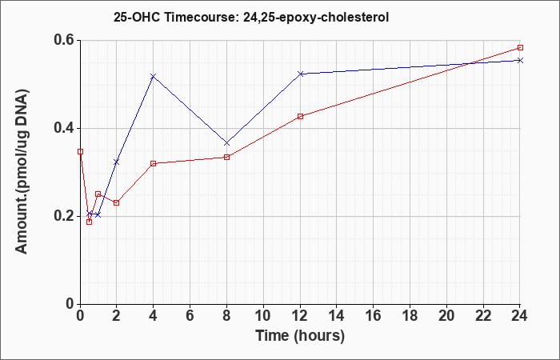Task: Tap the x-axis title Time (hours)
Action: click(300, 336)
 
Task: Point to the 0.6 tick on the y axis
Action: click(65, 40)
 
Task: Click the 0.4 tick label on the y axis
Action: click(65, 128)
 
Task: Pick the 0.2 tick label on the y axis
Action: click(65, 216)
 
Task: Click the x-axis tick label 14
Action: click(337, 316)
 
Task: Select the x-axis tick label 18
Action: click(410, 316)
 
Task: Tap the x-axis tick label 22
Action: click(483, 316)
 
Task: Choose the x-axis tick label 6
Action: click(190, 316)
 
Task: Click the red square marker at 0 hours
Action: click(80, 151)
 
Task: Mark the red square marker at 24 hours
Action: click(520, 47)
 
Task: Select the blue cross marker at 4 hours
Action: click(154, 76)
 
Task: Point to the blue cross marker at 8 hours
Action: click(226, 143)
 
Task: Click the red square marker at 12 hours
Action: click(300, 116)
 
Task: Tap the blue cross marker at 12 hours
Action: click(300, 74)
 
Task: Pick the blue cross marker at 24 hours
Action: click(520, 60)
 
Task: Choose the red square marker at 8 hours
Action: click(226, 157)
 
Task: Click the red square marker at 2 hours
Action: click(117, 202)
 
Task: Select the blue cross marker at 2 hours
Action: click(117, 162)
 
